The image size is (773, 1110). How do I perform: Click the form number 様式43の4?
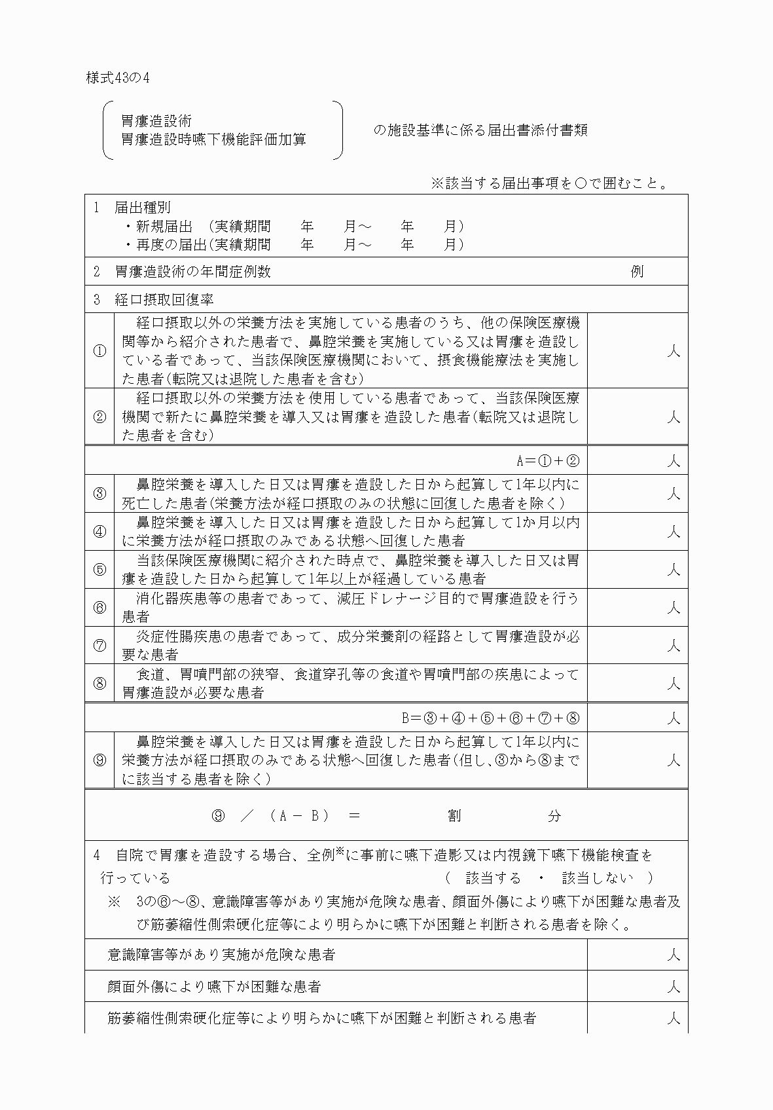click(x=118, y=77)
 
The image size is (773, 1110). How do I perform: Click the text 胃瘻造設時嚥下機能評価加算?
click(x=213, y=139)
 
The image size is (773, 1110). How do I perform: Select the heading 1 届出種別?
click(x=132, y=208)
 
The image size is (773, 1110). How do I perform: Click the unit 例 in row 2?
click(x=636, y=271)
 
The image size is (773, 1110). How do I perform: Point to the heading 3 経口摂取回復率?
click(x=154, y=300)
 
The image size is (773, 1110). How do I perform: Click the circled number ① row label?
click(x=99, y=350)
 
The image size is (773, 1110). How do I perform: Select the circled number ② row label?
click(x=99, y=416)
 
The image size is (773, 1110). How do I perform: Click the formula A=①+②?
click(x=548, y=460)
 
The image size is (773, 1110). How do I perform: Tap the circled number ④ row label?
click(x=99, y=531)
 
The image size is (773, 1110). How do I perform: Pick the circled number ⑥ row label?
click(x=99, y=607)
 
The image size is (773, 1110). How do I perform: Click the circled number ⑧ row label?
click(x=99, y=683)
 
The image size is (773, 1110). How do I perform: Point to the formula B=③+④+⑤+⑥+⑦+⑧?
click(x=490, y=718)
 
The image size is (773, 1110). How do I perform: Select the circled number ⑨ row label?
click(x=99, y=760)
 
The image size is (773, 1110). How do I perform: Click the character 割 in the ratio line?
click(x=454, y=815)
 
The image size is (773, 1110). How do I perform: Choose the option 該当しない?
click(x=598, y=878)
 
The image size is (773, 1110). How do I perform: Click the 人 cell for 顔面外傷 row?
click(x=673, y=987)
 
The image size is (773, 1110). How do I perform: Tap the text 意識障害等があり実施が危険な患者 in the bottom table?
click(x=221, y=955)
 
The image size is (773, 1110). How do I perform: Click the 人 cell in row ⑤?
click(x=673, y=570)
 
